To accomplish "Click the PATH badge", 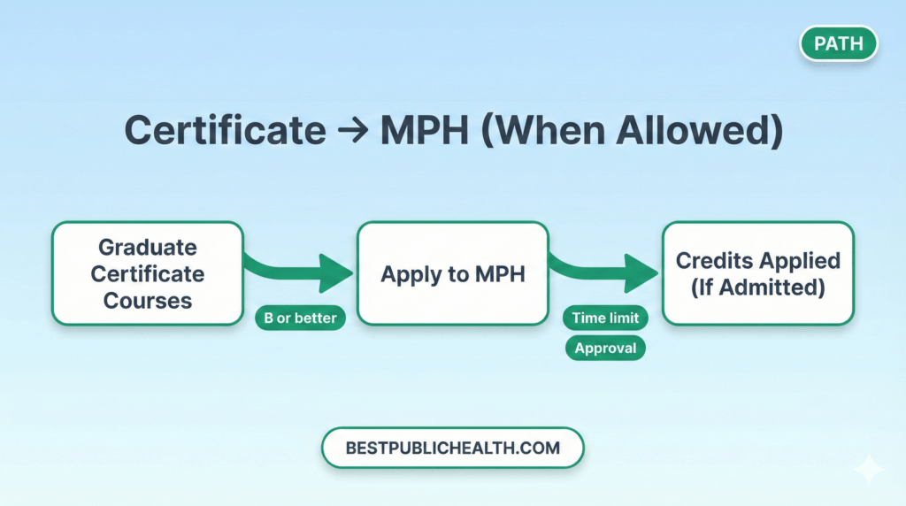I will (x=838, y=43).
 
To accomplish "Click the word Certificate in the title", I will (x=225, y=131).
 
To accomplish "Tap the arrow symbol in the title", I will (x=352, y=132).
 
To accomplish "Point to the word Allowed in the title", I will (x=694, y=131).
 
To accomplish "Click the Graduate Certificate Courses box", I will (x=148, y=273).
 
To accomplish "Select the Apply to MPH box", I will (x=452, y=273).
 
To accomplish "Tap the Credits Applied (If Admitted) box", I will (x=757, y=273).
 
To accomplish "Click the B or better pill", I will (x=300, y=318).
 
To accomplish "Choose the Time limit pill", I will (x=605, y=318).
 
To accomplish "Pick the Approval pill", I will (x=605, y=349).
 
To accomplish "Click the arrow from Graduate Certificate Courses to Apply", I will (x=300, y=268).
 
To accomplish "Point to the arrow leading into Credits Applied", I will (x=605, y=269).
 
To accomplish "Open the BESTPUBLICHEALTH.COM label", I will (x=452, y=448).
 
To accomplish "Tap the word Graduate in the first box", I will (x=148, y=247).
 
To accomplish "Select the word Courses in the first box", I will (x=148, y=301).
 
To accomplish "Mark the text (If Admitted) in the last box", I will (x=757, y=287).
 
